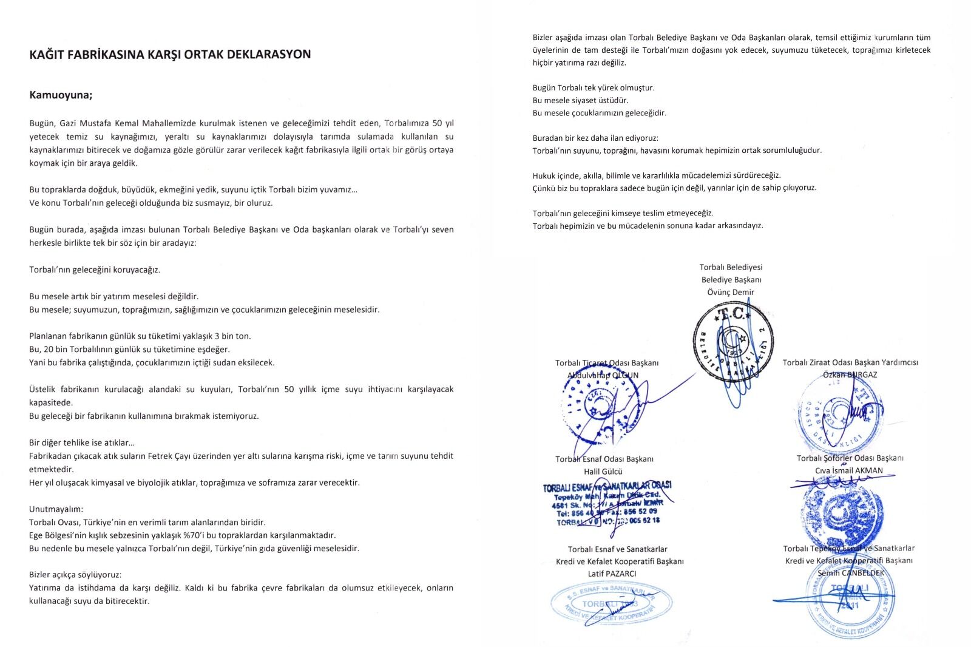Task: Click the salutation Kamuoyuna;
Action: click(x=61, y=95)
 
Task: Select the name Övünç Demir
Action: click(x=731, y=292)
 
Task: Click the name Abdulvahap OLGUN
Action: click(x=603, y=375)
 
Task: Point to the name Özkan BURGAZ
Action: click(x=850, y=374)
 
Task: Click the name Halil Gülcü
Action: click(x=603, y=471)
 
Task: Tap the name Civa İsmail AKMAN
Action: click(x=849, y=470)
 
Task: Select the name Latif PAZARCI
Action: click(x=612, y=574)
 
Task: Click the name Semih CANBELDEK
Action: click(x=851, y=573)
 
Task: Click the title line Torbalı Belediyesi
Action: click(x=731, y=267)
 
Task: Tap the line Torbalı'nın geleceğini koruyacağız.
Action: click(x=95, y=269)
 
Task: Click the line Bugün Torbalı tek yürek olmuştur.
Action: click(x=594, y=87)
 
